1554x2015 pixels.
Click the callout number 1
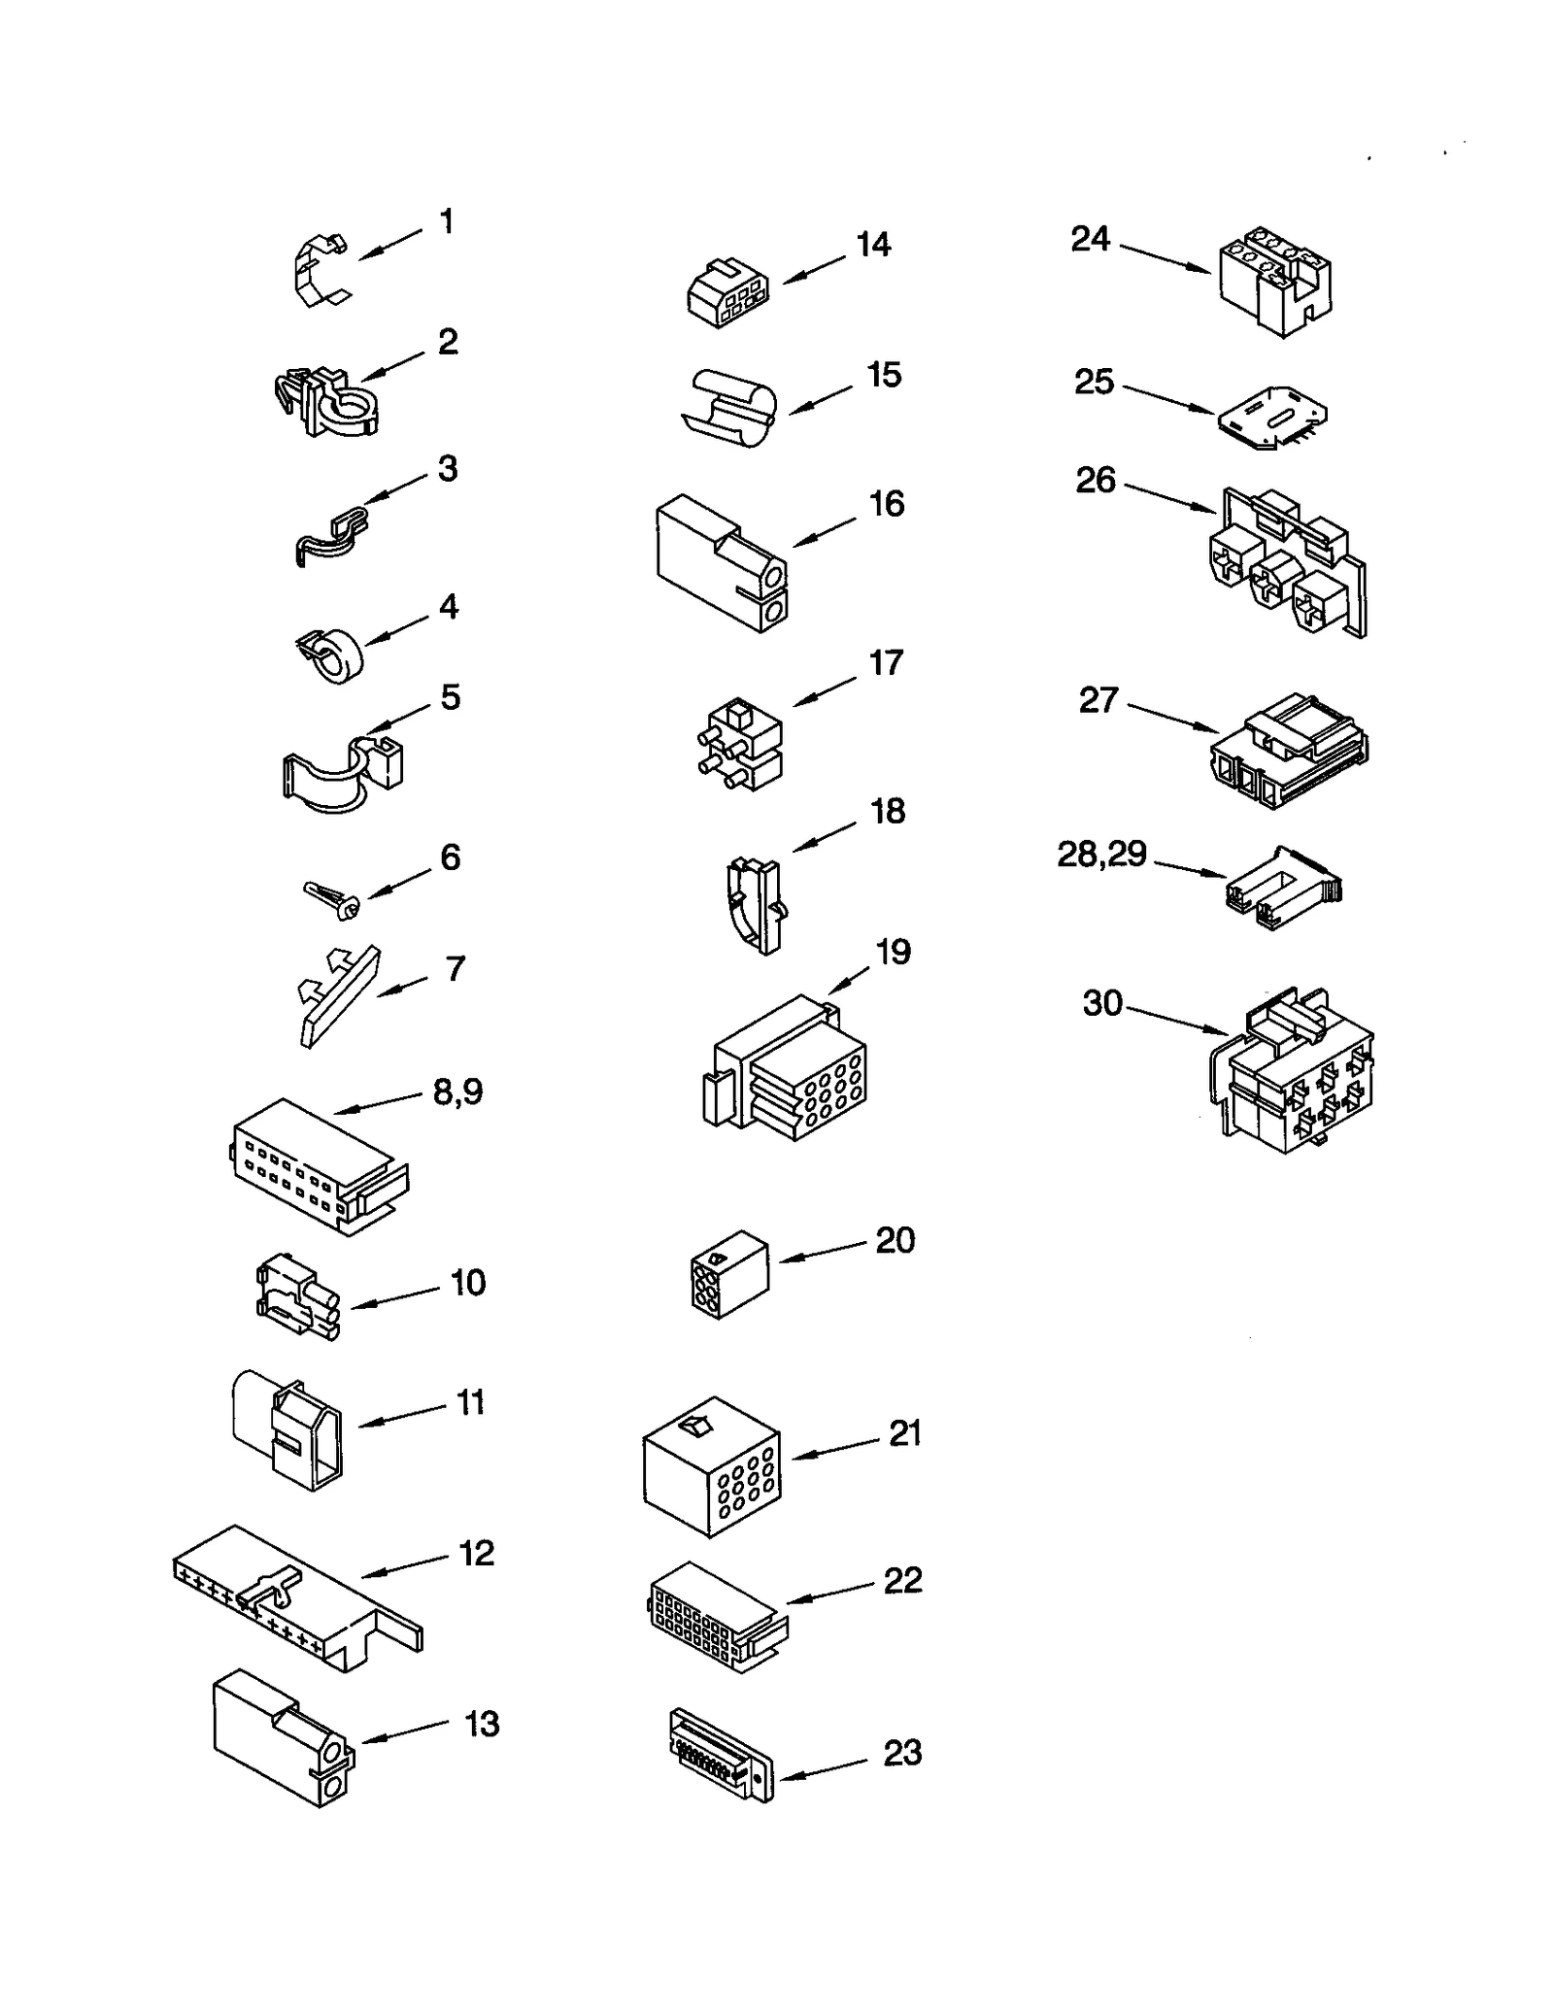(x=446, y=222)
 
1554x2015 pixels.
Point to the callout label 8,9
(x=457, y=1091)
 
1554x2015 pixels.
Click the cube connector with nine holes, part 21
(x=711, y=1466)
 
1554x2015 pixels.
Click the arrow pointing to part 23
(x=824, y=1770)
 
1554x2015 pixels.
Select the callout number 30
(x=1102, y=1003)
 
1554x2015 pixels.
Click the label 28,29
(x=1101, y=855)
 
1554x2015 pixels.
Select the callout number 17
(x=886, y=662)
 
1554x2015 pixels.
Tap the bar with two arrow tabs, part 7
(x=337, y=996)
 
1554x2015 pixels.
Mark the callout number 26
(x=1096, y=480)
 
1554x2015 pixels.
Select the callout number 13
(x=482, y=1724)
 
